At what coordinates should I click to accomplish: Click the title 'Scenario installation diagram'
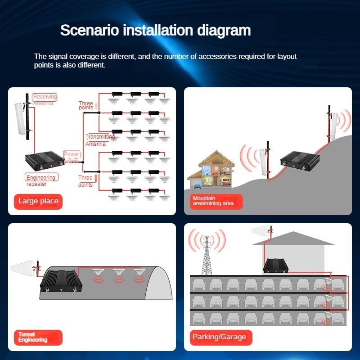(155, 31)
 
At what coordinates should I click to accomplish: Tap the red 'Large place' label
(38, 201)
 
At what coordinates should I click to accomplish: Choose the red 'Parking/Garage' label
(219, 337)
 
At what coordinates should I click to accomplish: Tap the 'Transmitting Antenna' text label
(100, 140)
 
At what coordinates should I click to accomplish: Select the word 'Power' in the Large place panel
(72, 154)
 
